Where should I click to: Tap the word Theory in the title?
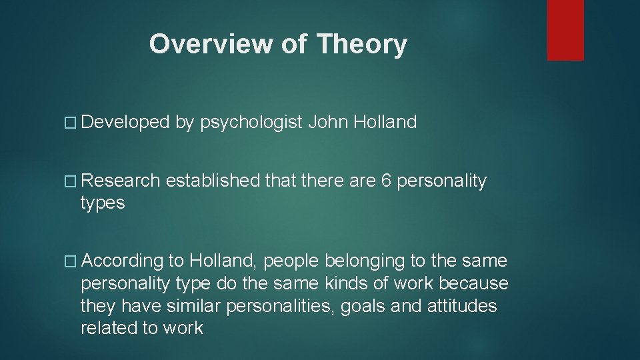click(x=361, y=44)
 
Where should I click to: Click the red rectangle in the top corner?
click(x=565, y=30)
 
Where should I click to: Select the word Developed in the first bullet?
click(x=127, y=122)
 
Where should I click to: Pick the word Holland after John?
click(x=386, y=122)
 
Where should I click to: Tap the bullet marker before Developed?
click(x=73, y=123)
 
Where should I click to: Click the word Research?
click(x=121, y=181)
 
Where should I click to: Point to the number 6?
click(x=387, y=181)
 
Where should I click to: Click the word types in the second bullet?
click(x=103, y=203)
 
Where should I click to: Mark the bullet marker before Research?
click(x=73, y=181)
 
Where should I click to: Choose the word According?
click(x=124, y=261)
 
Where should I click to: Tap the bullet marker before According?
click(x=73, y=261)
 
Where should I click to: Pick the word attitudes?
click(x=462, y=306)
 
